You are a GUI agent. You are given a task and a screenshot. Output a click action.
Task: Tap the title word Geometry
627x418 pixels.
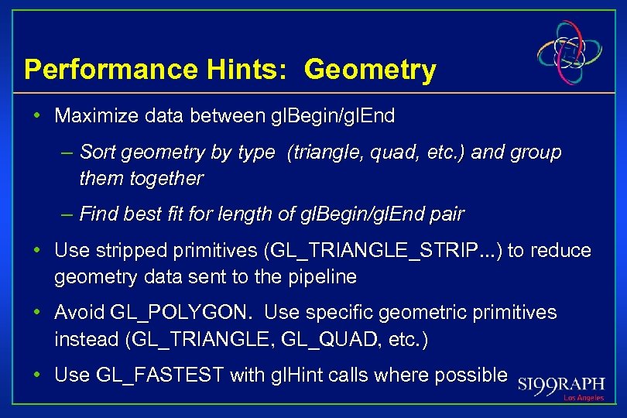point(370,70)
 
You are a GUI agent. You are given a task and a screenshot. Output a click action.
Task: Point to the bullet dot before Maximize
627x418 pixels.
point(37,117)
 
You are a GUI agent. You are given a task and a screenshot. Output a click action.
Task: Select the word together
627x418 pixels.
point(162,179)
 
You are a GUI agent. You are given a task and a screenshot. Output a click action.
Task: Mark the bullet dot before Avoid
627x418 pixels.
point(37,313)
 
